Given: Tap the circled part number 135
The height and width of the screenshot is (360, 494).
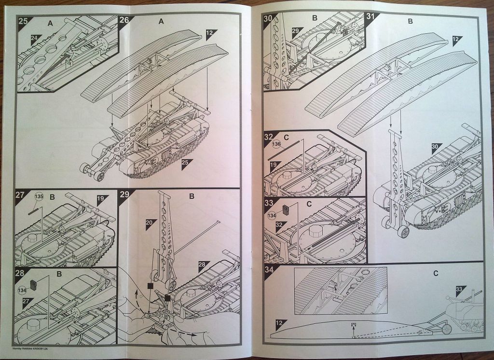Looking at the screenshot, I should [x=39, y=196].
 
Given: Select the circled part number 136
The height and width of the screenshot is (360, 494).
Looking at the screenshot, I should [x=276, y=144].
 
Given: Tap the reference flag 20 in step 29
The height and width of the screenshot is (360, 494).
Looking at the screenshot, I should [x=151, y=222].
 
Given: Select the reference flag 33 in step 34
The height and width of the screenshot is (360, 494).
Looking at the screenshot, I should [x=459, y=289].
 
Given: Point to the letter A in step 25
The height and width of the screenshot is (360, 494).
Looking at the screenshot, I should [x=50, y=23].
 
